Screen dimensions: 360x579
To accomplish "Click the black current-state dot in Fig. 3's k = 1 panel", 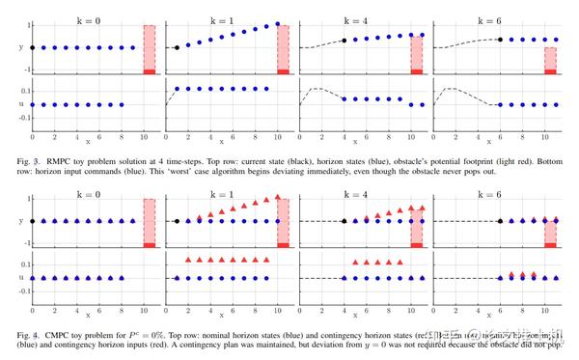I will [x=177, y=47].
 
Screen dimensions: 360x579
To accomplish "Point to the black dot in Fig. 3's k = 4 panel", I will [x=345, y=41].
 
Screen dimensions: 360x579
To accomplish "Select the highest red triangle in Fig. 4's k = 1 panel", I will [x=278, y=197].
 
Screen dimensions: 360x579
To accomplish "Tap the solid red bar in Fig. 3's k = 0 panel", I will [x=149, y=70].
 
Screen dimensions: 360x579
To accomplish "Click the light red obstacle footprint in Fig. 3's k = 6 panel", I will [x=550, y=58].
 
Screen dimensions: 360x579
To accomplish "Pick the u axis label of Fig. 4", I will [x=20, y=277].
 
